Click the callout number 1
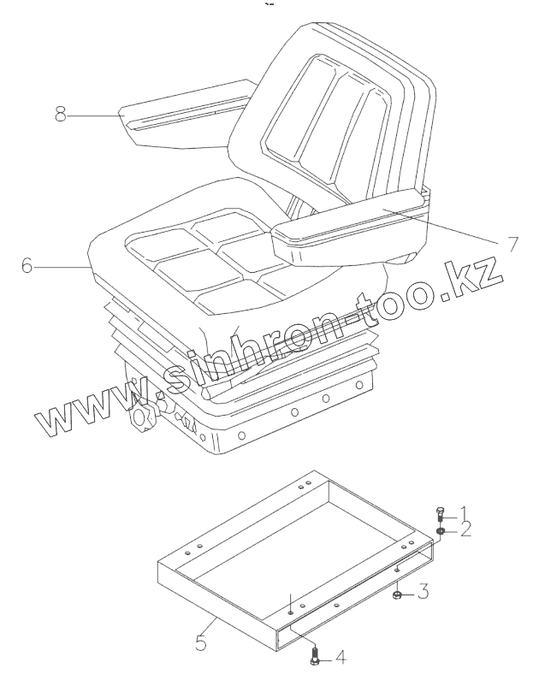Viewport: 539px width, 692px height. (465, 513)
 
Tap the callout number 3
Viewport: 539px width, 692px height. (424, 592)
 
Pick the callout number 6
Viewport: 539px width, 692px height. (27, 267)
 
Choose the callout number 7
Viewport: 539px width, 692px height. (511, 244)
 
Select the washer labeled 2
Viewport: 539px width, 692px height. (439, 532)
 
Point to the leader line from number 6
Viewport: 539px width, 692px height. (60, 269)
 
